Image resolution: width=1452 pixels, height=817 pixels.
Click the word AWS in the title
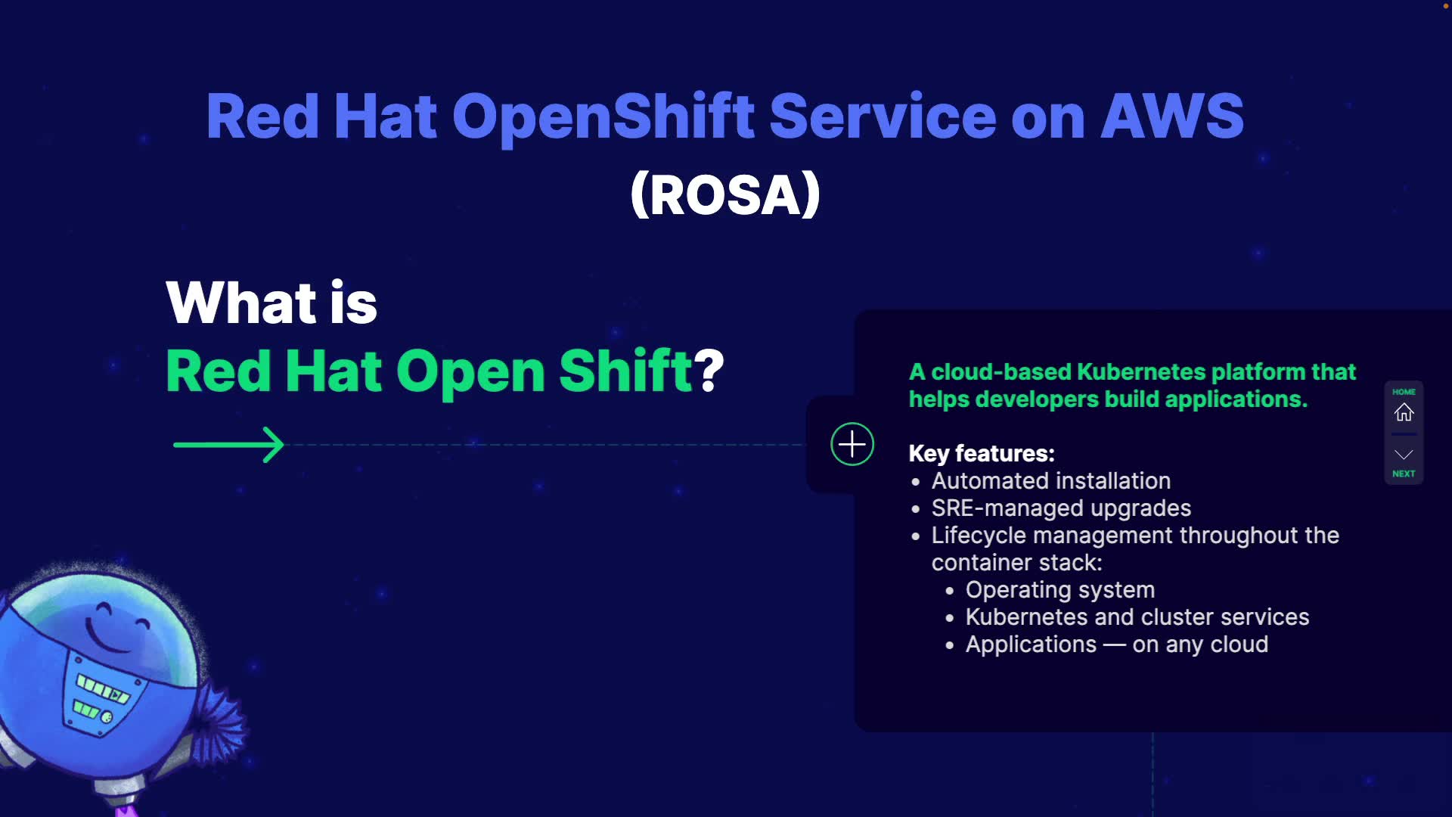pyautogui.click(x=1172, y=116)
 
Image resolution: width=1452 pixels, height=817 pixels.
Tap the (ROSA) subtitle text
pyautogui.click(x=725, y=194)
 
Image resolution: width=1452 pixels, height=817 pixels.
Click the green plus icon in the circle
pyautogui.click(x=852, y=444)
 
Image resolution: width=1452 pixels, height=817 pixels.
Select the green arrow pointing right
pyautogui.click(x=228, y=445)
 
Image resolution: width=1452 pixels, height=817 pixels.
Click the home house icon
pyautogui.click(x=1404, y=412)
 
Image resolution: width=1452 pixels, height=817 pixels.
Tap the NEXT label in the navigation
pyautogui.click(x=1404, y=474)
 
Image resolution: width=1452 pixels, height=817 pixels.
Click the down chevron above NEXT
pyautogui.click(x=1404, y=455)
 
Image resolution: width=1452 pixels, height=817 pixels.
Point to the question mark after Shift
pyautogui.click(x=709, y=370)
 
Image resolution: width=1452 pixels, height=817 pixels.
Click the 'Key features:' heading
pyautogui.click(x=982, y=453)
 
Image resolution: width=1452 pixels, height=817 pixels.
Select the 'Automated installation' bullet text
pyautogui.click(x=1051, y=480)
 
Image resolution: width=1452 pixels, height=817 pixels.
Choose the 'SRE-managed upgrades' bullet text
pyautogui.click(x=1061, y=508)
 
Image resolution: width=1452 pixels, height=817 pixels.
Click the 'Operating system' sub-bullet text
pyautogui.click(x=1060, y=590)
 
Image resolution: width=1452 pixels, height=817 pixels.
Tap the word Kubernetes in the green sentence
pyautogui.click(x=1140, y=372)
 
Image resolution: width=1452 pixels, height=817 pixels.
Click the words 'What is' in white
pyautogui.click(x=271, y=303)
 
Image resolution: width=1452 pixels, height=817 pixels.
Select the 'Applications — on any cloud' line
pyautogui.click(x=1117, y=645)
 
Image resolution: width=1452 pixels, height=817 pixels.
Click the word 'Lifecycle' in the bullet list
pyautogui.click(x=979, y=536)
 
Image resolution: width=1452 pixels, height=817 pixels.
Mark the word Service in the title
pyautogui.click(x=883, y=116)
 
